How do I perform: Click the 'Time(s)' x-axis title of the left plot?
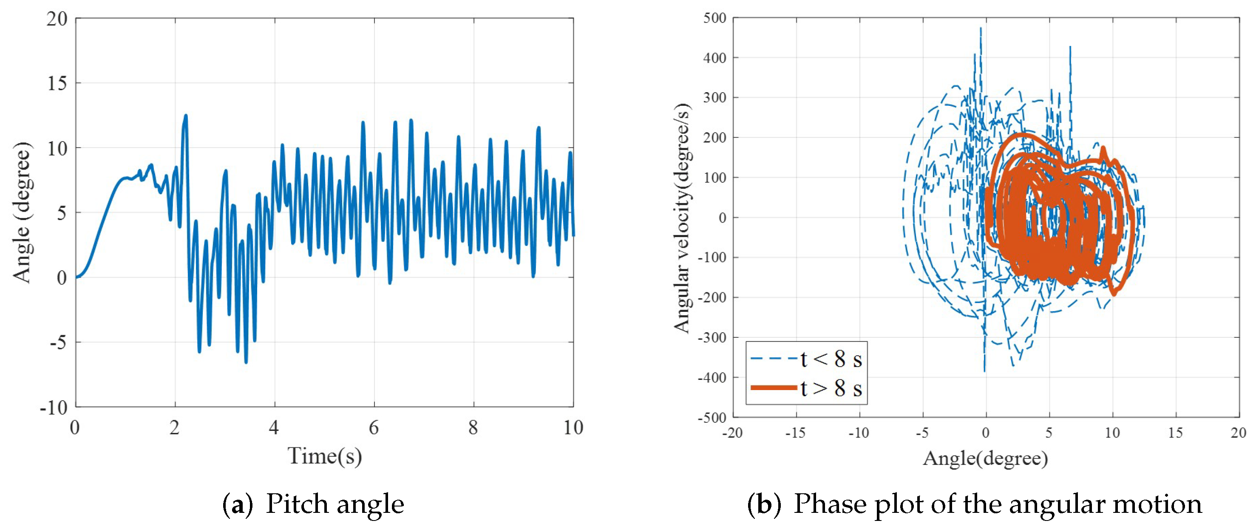pos(325,456)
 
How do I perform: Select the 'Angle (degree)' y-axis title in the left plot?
pos(23,212)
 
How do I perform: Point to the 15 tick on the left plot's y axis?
pos(57,83)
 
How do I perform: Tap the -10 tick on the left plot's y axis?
pos(54,407)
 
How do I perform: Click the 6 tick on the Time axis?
pos(374,427)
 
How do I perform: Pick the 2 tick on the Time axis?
pos(175,427)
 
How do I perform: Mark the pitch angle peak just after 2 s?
pos(186,116)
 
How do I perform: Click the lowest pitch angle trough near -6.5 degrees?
pos(246,362)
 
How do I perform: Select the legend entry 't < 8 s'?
pos(831,359)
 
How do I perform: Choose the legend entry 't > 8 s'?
pos(831,388)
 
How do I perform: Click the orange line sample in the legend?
pos(774,388)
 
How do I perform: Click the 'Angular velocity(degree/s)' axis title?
pos(682,218)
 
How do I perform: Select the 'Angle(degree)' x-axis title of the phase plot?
pos(985,458)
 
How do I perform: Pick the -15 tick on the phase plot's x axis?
pos(795,433)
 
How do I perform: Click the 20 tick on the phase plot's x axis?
pos(1238,433)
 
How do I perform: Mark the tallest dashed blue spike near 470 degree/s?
pos(981,29)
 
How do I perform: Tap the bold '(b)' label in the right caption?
pos(765,504)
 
